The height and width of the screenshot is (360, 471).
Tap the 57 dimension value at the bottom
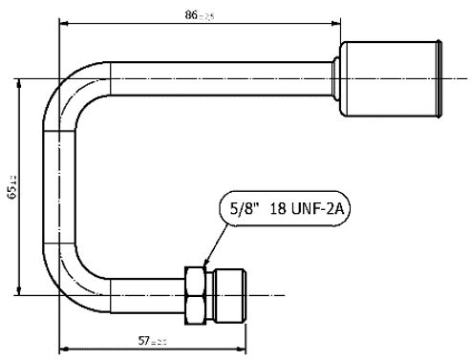click(x=146, y=340)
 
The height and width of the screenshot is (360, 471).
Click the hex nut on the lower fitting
click(x=197, y=294)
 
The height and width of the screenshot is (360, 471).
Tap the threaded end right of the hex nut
click(x=228, y=294)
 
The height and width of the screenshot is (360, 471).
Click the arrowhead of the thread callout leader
click(x=206, y=263)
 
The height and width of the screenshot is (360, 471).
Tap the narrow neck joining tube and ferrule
click(x=337, y=77)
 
